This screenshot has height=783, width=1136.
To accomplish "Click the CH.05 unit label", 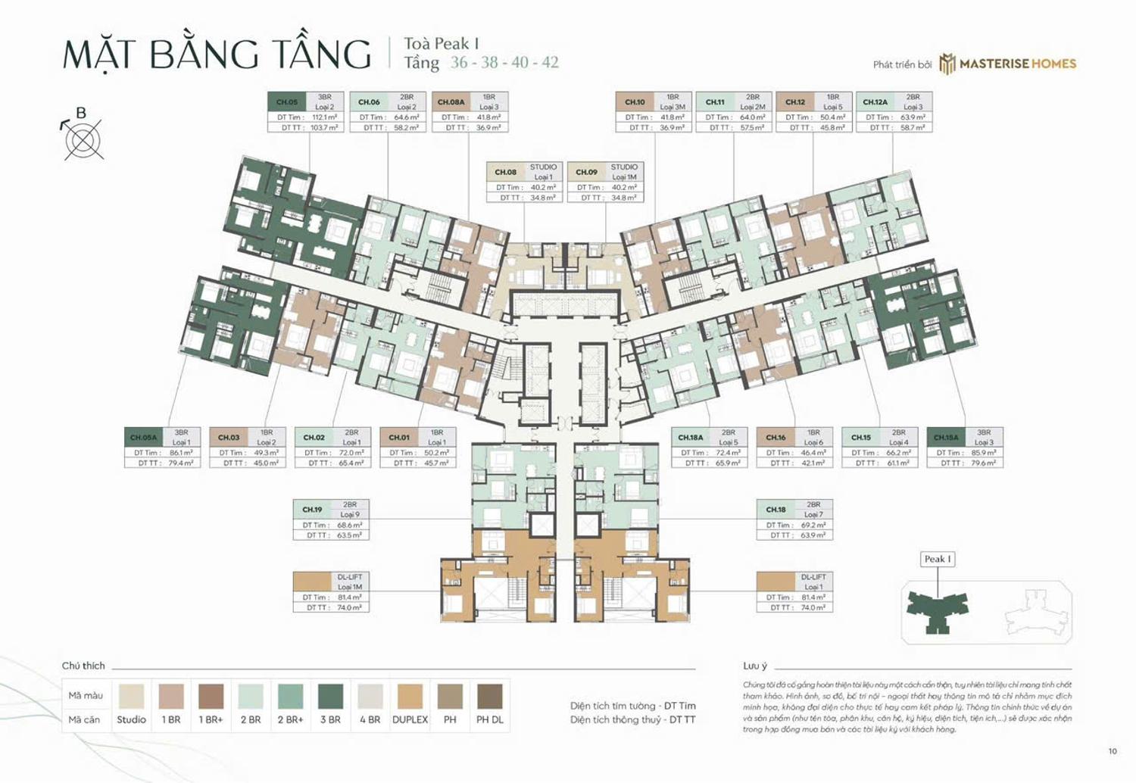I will click(x=287, y=102).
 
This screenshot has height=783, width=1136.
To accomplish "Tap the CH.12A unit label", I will click(x=875, y=102).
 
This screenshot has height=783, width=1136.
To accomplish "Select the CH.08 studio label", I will click(x=506, y=172).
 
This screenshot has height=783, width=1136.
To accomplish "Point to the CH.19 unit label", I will click(x=312, y=510).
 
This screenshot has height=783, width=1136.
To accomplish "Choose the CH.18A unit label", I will click(x=690, y=438).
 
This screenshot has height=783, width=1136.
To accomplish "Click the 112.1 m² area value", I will click(x=324, y=117).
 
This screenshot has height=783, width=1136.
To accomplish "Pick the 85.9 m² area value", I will click(x=984, y=453).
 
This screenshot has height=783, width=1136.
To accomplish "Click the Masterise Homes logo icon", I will click(x=947, y=64).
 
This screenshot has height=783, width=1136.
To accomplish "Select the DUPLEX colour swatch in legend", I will click(x=410, y=695).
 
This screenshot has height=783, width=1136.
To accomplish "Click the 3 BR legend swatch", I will click(x=330, y=695).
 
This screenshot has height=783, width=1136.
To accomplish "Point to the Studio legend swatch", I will click(x=131, y=695).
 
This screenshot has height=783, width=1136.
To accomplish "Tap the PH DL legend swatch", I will click(x=489, y=695).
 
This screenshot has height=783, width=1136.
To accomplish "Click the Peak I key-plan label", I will click(x=938, y=559).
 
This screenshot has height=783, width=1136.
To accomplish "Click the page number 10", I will click(x=1113, y=751).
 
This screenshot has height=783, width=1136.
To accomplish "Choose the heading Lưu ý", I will click(x=755, y=666).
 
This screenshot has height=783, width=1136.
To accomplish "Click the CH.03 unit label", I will click(x=229, y=438).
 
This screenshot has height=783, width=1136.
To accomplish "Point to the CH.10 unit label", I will click(x=635, y=102).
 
